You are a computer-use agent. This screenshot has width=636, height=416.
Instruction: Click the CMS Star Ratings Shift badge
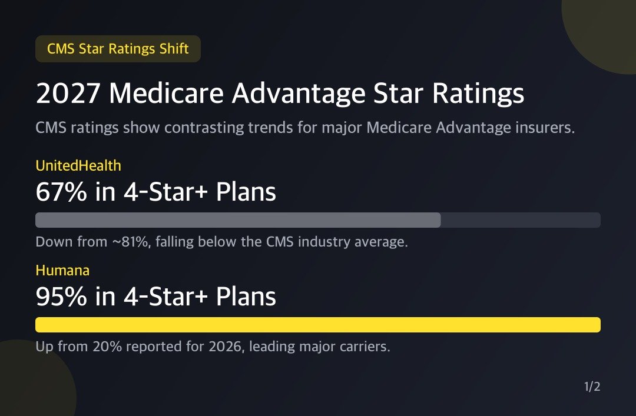(118, 49)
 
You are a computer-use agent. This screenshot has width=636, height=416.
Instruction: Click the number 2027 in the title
(68, 94)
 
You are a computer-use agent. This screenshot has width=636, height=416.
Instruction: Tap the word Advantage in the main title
(299, 94)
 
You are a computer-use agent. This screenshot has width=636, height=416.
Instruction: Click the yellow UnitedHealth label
(78, 165)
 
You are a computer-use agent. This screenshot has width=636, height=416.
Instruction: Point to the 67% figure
(61, 192)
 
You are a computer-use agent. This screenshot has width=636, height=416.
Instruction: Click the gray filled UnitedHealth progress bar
(238, 220)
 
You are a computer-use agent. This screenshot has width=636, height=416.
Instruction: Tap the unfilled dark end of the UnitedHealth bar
(521, 220)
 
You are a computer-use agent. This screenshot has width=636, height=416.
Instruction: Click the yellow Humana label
(62, 271)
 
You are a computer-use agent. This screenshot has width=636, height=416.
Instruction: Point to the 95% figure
(61, 297)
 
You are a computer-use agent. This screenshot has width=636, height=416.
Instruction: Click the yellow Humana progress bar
(318, 325)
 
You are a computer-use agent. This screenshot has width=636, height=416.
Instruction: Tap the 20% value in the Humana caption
(107, 347)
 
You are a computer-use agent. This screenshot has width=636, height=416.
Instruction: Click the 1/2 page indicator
(592, 387)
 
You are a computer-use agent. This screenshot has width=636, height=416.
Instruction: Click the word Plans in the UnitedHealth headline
(246, 192)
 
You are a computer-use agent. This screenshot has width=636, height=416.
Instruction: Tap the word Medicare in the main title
(166, 94)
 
